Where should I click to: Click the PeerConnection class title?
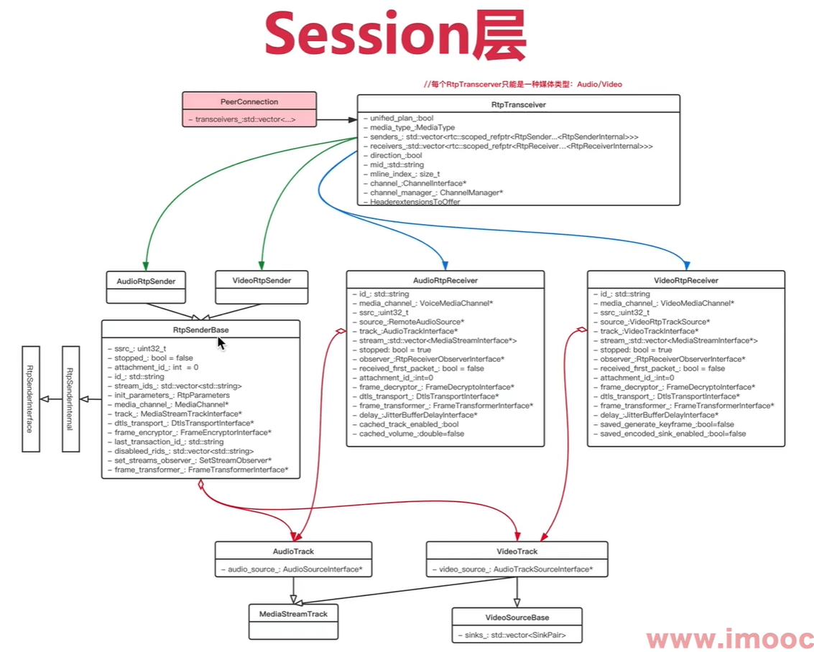click(249, 102)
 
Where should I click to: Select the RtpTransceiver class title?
click(518, 105)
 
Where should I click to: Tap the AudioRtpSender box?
click(146, 281)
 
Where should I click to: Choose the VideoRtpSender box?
click(263, 281)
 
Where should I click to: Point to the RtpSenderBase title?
click(200, 330)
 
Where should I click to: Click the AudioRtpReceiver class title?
click(445, 281)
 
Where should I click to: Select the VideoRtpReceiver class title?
click(685, 281)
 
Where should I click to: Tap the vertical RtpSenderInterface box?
click(30, 399)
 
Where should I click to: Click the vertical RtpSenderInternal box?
click(70, 399)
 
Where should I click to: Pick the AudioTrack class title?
click(293, 551)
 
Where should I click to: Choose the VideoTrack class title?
click(517, 551)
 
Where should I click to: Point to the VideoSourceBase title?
click(517, 618)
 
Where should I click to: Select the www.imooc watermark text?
click(729, 638)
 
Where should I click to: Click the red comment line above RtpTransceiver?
click(522, 85)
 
